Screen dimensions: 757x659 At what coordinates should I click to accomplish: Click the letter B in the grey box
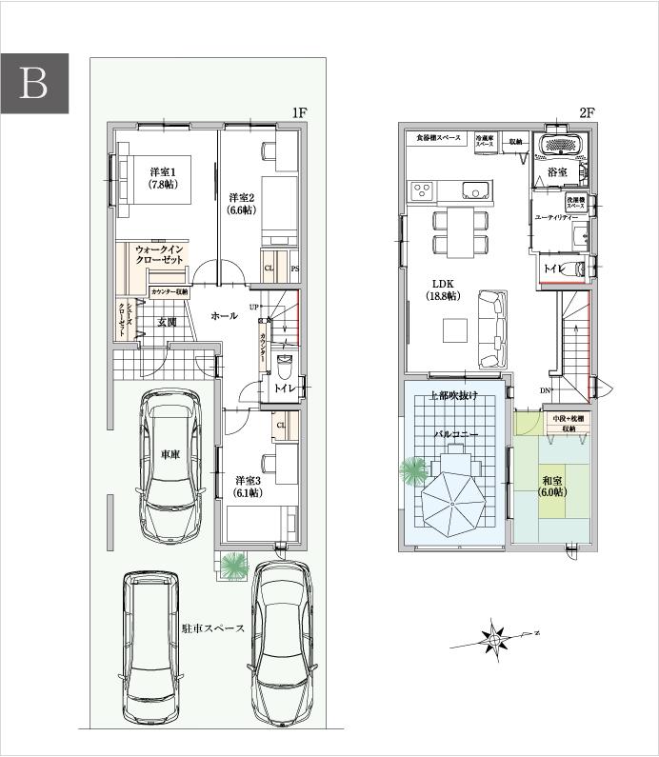34,84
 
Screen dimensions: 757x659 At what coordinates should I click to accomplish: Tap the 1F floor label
299,113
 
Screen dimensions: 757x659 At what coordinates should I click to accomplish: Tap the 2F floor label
587,113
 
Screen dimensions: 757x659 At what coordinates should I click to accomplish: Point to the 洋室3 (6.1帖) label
249,487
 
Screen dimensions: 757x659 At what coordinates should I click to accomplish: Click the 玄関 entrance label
169,322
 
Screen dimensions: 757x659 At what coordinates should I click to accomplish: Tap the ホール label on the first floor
224,315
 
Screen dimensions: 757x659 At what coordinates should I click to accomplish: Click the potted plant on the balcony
413,471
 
